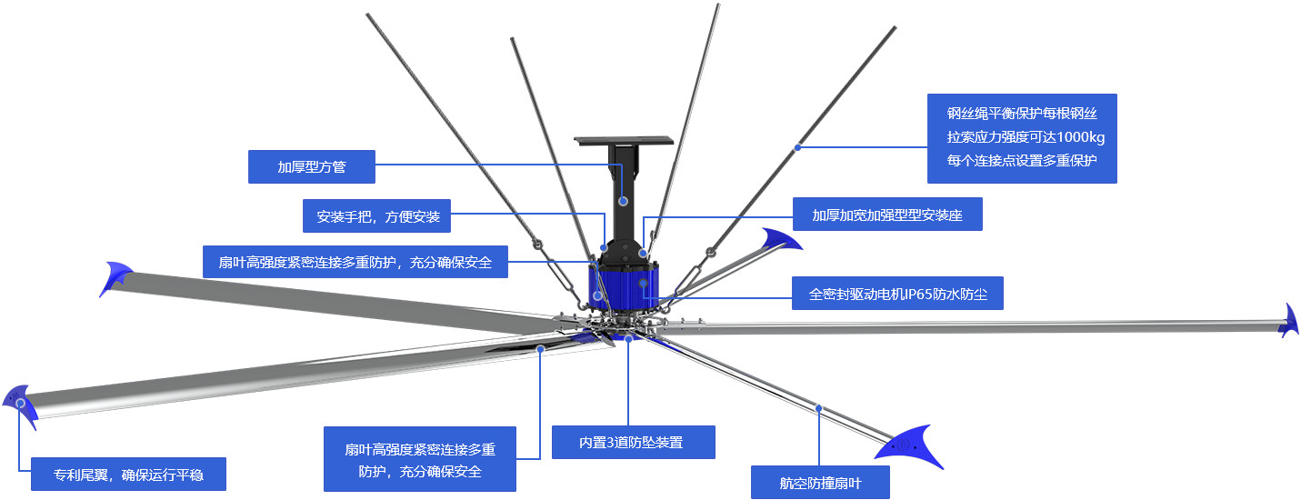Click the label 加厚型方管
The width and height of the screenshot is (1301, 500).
pyautogui.click(x=312, y=167)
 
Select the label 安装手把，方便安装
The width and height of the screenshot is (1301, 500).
pyautogui.click(x=377, y=217)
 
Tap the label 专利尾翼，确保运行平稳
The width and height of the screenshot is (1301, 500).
pyautogui.click(x=127, y=474)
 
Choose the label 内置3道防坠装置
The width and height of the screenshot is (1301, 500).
pyautogui.click(x=633, y=443)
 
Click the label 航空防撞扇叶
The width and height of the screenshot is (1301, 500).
pyautogui.click(x=820, y=483)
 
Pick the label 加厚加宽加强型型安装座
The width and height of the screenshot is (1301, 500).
pyautogui.click(x=886, y=215)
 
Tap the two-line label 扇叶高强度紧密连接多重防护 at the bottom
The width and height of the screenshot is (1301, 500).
pyautogui.click(x=419, y=460)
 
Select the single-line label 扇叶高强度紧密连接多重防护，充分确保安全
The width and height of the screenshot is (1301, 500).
pyautogui.click(x=355, y=262)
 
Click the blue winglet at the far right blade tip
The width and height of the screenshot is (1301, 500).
pyautogui.click(x=1288, y=321)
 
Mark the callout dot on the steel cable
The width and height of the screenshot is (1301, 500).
pyautogui.click(x=797, y=146)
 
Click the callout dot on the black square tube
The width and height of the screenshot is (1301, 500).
pyautogui.click(x=624, y=201)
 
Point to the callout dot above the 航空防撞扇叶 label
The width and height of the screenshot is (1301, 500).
pyautogui.click(x=818, y=408)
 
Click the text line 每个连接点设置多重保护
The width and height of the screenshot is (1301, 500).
pyautogui.click(x=1022, y=161)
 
